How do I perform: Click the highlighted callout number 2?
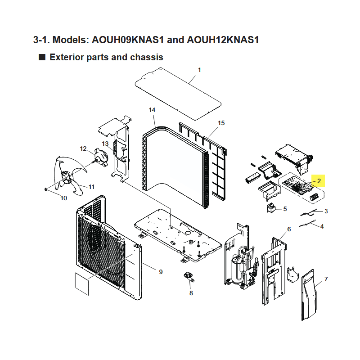pos(319,181)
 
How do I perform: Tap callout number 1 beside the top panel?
pos(199,70)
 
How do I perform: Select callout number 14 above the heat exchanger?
pos(152,110)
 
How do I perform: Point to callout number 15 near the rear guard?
pos(221,123)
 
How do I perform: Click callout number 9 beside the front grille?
pos(161,272)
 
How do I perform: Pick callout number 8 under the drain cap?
pos(191,293)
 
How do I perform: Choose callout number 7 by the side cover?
pos(326,279)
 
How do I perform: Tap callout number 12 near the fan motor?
pos(83,149)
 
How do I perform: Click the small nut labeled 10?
pos(46,189)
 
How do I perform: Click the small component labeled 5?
pos(271,208)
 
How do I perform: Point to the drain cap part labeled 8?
pos(189,276)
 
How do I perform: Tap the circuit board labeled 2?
pos(298,186)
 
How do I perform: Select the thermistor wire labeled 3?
pos(309,212)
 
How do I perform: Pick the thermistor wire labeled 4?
pos(307,223)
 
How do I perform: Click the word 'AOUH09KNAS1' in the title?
pos(128,40)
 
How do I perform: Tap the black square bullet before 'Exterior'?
pos(42,57)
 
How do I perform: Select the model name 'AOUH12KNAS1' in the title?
pos(223,40)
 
